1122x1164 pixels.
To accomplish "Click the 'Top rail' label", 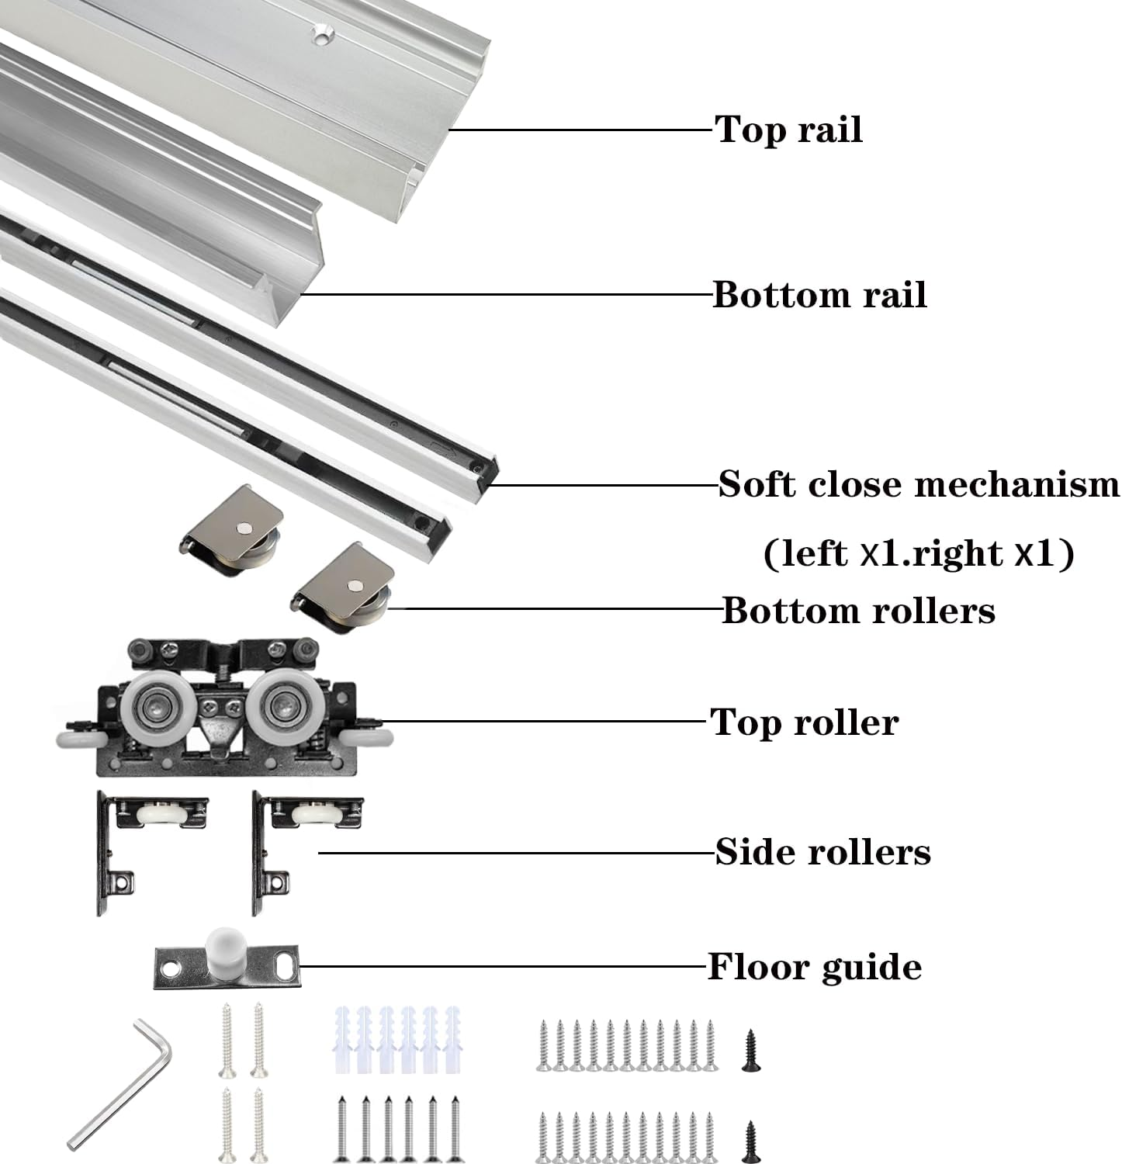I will click(788, 130).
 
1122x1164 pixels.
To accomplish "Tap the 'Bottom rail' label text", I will click(819, 295).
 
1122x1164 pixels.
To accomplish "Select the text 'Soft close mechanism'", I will click(919, 485).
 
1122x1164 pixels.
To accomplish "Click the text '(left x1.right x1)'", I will click(919, 554).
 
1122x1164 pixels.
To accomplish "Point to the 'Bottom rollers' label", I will click(858, 611).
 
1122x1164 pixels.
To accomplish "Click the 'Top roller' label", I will click(804, 722).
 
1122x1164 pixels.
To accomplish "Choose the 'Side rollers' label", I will click(822, 852).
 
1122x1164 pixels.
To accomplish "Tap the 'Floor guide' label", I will click(815, 967).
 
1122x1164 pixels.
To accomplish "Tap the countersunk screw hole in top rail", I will click(320, 35).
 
